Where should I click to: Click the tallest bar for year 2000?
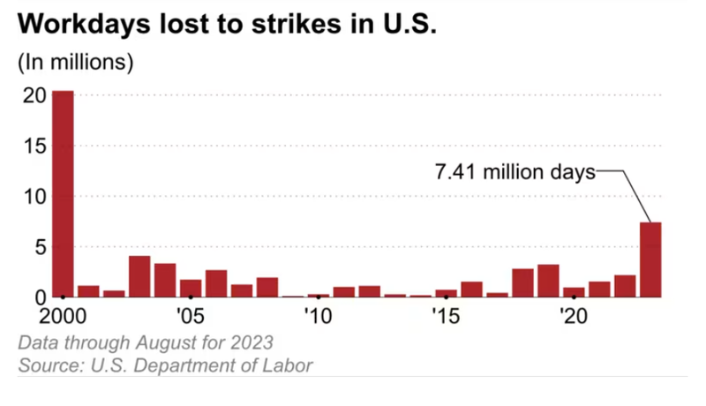point(63,194)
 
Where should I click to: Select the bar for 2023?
point(650,259)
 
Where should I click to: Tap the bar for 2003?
point(139,276)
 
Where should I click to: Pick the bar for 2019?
point(548,281)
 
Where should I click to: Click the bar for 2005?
point(191,288)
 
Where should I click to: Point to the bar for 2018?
point(522,282)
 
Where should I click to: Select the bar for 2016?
point(471,289)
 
